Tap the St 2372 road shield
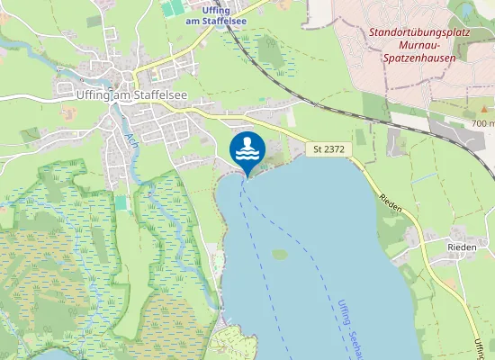pyautogui.click(x=328, y=148)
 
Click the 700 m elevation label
pyautogui.click(x=483, y=122)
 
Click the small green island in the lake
pyautogui.click(x=280, y=255)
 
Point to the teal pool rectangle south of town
pyautogui.click(x=121, y=202)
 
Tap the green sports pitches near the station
pyautogui.click(x=171, y=8)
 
